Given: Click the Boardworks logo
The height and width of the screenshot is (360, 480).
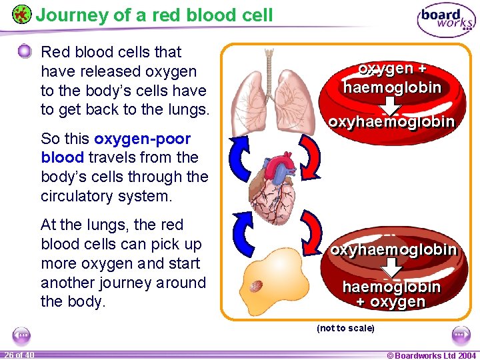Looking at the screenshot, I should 446,21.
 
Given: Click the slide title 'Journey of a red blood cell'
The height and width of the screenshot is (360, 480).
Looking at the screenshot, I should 154,15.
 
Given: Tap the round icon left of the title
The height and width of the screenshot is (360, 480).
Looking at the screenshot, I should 21,14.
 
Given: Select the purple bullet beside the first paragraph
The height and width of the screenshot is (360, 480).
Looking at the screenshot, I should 25,51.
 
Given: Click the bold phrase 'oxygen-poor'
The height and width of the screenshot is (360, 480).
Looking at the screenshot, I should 143,139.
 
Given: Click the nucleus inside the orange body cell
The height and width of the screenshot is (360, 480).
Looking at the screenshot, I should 256,285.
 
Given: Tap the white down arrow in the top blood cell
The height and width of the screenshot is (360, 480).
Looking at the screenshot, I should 391,105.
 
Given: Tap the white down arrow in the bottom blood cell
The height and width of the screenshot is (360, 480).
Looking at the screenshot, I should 393,267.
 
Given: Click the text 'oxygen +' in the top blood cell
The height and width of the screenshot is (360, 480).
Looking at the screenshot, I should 392,69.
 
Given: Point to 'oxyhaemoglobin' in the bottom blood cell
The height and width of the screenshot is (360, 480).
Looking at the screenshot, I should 393,249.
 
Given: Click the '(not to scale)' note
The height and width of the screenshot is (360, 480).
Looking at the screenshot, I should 345,328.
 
